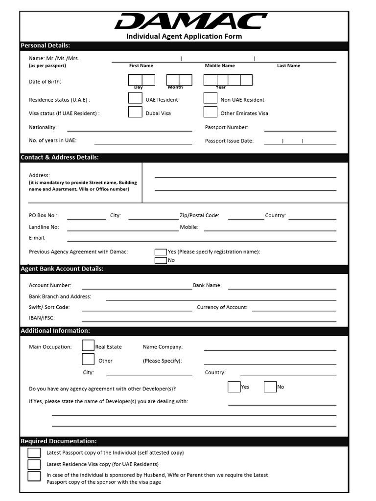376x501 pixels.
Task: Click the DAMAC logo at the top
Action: point(190,22)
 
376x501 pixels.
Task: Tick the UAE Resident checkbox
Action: point(135,98)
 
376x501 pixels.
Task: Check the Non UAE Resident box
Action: point(211,98)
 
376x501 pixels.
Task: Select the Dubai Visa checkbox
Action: point(135,112)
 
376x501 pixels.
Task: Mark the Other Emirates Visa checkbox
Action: point(211,112)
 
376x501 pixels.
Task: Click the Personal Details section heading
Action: point(46,46)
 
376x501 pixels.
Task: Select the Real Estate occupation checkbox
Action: point(88,345)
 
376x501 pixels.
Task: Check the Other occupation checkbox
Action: point(88,359)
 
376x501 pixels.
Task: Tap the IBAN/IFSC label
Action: point(42,318)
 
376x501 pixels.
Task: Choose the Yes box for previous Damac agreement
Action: point(161,252)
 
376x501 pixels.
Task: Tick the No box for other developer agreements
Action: point(270,387)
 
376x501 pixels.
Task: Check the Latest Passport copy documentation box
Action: point(34,453)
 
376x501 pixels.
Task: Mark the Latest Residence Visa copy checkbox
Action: point(34,464)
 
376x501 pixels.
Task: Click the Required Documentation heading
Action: point(59,441)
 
